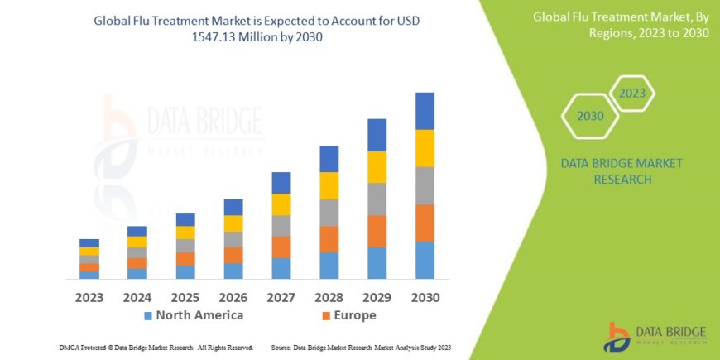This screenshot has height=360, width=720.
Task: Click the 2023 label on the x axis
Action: tap(89, 296)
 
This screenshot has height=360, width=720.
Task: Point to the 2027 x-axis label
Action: tap(281, 296)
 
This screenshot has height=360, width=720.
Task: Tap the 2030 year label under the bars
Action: tap(425, 296)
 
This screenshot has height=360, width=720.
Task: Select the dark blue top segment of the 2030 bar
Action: tap(425, 111)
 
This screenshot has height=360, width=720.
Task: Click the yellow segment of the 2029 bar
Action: tap(377, 167)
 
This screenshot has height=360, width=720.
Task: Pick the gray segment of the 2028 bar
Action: tap(329, 213)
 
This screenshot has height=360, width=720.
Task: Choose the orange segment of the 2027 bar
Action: tap(281, 247)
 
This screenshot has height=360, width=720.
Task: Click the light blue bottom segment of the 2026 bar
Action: tap(233, 271)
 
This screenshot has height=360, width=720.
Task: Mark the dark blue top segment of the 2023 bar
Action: tap(89, 242)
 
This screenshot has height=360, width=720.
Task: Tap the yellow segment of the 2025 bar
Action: tap(185, 233)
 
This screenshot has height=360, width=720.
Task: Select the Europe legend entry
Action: tap(356, 315)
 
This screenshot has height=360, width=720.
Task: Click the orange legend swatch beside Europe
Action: tap(326, 316)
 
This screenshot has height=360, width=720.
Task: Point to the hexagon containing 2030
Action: tap(590, 116)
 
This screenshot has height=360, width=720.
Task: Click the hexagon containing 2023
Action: tap(631, 93)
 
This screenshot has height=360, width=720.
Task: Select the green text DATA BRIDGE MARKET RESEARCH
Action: tap(622, 171)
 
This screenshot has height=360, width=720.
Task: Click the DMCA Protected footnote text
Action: tap(157, 348)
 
